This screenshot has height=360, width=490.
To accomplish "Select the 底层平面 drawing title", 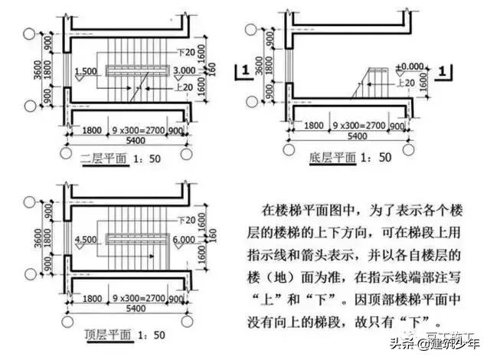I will tap(335, 158).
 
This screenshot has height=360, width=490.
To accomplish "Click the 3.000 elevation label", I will tap(185, 70).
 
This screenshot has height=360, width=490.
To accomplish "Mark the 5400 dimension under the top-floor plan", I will tap(125, 311).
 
